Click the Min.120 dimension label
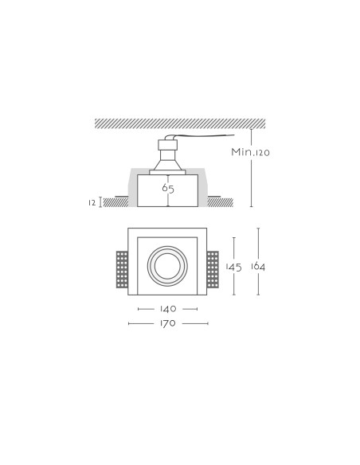(250, 152)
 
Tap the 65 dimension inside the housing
(168, 188)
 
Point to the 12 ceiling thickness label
(92, 203)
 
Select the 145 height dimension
(233, 267)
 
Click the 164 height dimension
(258, 266)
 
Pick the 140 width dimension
(168, 309)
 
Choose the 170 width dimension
(168, 323)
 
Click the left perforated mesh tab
(122, 269)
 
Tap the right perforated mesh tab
(213, 269)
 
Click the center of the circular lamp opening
(167, 266)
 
